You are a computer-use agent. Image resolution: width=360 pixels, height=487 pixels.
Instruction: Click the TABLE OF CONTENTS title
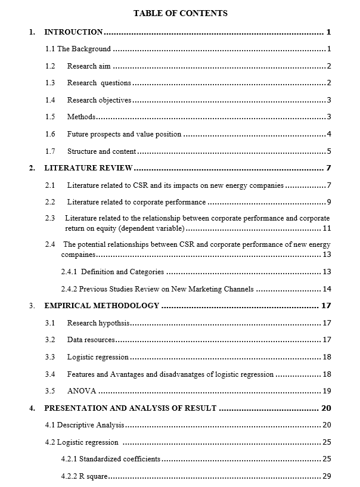pyautogui.click(x=180, y=13)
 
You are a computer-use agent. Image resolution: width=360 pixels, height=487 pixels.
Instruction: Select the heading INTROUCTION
pyautogui.click(x=73, y=32)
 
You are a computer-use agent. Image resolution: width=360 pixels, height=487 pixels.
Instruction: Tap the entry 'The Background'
pyautogui.click(x=83, y=49)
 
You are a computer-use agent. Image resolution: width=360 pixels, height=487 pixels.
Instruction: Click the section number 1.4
pyautogui.click(x=50, y=100)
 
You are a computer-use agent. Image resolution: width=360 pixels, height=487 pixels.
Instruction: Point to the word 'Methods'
pyautogui.click(x=81, y=117)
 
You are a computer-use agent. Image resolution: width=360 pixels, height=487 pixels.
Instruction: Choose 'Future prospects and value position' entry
pyautogui.click(x=124, y=134)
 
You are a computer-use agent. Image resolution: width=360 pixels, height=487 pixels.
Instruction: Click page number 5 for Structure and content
pyautogui.click(x=328, y=151)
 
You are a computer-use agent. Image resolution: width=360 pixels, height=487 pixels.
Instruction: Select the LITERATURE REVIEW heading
pyautogui.click(x=88, y=168)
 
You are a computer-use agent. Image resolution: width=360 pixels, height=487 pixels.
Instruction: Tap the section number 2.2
pyautogui.click(x=50, y=202)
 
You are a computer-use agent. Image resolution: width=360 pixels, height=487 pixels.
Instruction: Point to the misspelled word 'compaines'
pyautogui.click(x=78, y=255)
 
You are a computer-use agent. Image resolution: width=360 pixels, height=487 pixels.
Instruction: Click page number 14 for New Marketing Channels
pyautogui.click(x=326, y=289)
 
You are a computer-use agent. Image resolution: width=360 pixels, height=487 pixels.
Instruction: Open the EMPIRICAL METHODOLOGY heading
pyautogui.click(x=102, y=306)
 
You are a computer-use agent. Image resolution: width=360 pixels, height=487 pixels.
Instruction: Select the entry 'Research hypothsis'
pyautogui.click(x=98, y=323)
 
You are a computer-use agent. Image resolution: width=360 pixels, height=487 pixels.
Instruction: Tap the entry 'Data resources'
pyautogui.click(x=91, y=340)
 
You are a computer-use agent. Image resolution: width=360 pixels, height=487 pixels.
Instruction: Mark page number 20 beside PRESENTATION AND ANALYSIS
pyautogui.click(x=325, y=408)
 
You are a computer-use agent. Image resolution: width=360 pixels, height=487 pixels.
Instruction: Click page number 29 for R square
pyautogui.click(x=326, y=476)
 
